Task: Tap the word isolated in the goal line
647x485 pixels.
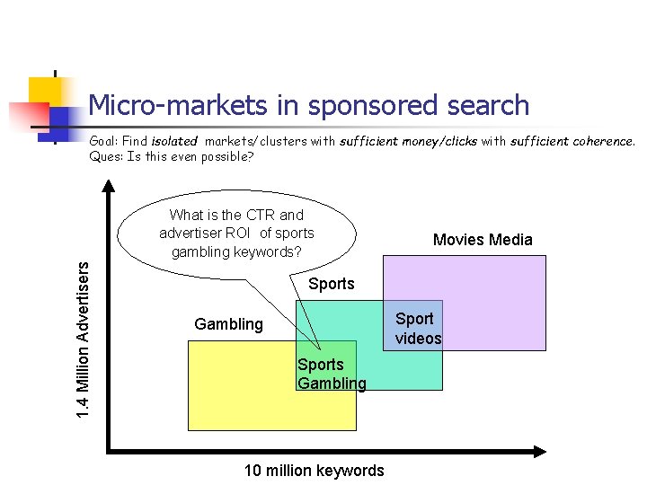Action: point(174,141)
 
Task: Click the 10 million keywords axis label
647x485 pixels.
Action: point(314,471)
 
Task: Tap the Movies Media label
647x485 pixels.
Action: point(483,240)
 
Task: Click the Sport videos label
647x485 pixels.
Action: point(418,329)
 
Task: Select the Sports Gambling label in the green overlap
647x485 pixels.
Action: point(331,374)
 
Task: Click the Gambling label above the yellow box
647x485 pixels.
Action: point(229,324)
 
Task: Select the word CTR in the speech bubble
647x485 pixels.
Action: point(261,216)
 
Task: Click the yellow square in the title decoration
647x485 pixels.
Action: point(43,90)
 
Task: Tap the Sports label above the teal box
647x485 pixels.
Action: point(332,284)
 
